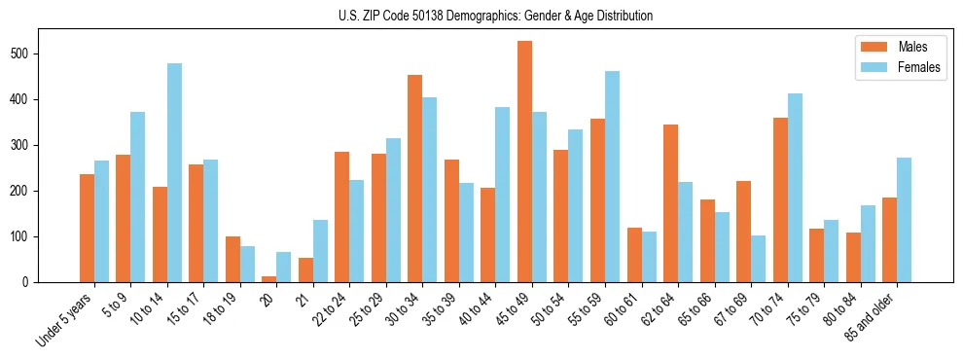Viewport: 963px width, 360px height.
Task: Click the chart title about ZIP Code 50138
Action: [x=481, y=16]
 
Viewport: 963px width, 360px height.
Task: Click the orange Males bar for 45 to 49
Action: [x=524, y=162]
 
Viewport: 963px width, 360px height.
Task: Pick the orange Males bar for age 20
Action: [x=269, y=278]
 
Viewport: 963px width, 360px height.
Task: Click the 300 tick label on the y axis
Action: [x=27, y=145]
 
